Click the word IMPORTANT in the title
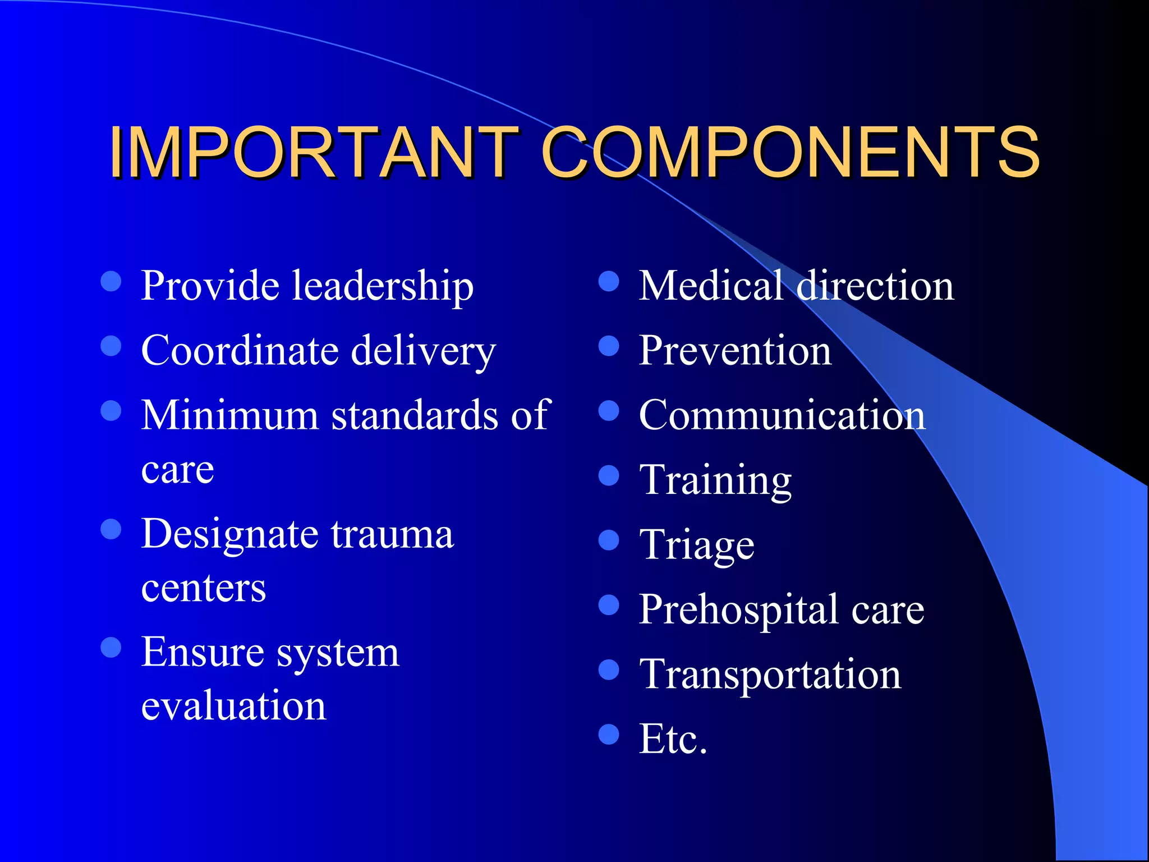coord(314,153)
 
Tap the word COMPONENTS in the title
coord(790,153)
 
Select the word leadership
coord(383,285)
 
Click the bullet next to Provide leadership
coord(111,281)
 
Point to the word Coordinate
coord(240,350)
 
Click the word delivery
coord(424,351)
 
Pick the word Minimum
coord(230,415)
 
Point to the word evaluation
coord(233,705)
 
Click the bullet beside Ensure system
coord(111,647)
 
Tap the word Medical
coord(711,285)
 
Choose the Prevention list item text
coord(735,350)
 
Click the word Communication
coord(782,415)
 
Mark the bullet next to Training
coord(609,475)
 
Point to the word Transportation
coord(770,674)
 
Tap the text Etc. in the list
coord(673,739)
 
